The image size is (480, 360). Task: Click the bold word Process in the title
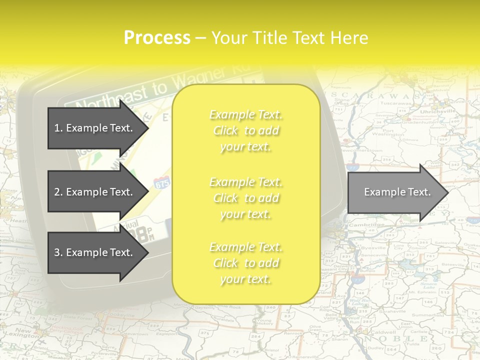pyautogui.click(x=157, y=38)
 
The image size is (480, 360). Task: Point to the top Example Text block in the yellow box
pyautogui.click(x=246, y=130)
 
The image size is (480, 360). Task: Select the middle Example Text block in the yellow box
pyautogui.click(x=246, y=198)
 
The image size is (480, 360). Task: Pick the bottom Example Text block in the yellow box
pyautogui.click(x=246, y=263)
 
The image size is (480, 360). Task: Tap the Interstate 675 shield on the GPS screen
pyautogui.click(x=161, y=182)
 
